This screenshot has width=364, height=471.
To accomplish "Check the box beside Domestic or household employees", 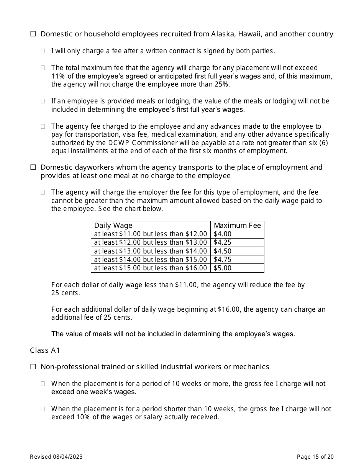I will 33,34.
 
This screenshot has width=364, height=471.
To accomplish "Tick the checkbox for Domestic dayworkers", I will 33,167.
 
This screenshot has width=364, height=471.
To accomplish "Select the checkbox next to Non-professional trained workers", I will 33,367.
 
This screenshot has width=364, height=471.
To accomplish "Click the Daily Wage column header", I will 113,226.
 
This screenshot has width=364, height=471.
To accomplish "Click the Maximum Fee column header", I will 237,226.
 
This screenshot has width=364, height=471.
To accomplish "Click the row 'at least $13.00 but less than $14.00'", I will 150,251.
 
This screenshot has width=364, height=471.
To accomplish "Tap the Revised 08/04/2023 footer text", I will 56,456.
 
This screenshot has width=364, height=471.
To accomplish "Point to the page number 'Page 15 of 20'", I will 315,456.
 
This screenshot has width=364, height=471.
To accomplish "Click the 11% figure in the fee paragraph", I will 57,76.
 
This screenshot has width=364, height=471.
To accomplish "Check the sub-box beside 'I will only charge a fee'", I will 43,51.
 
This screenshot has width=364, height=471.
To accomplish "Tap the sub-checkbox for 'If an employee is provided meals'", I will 43,101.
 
